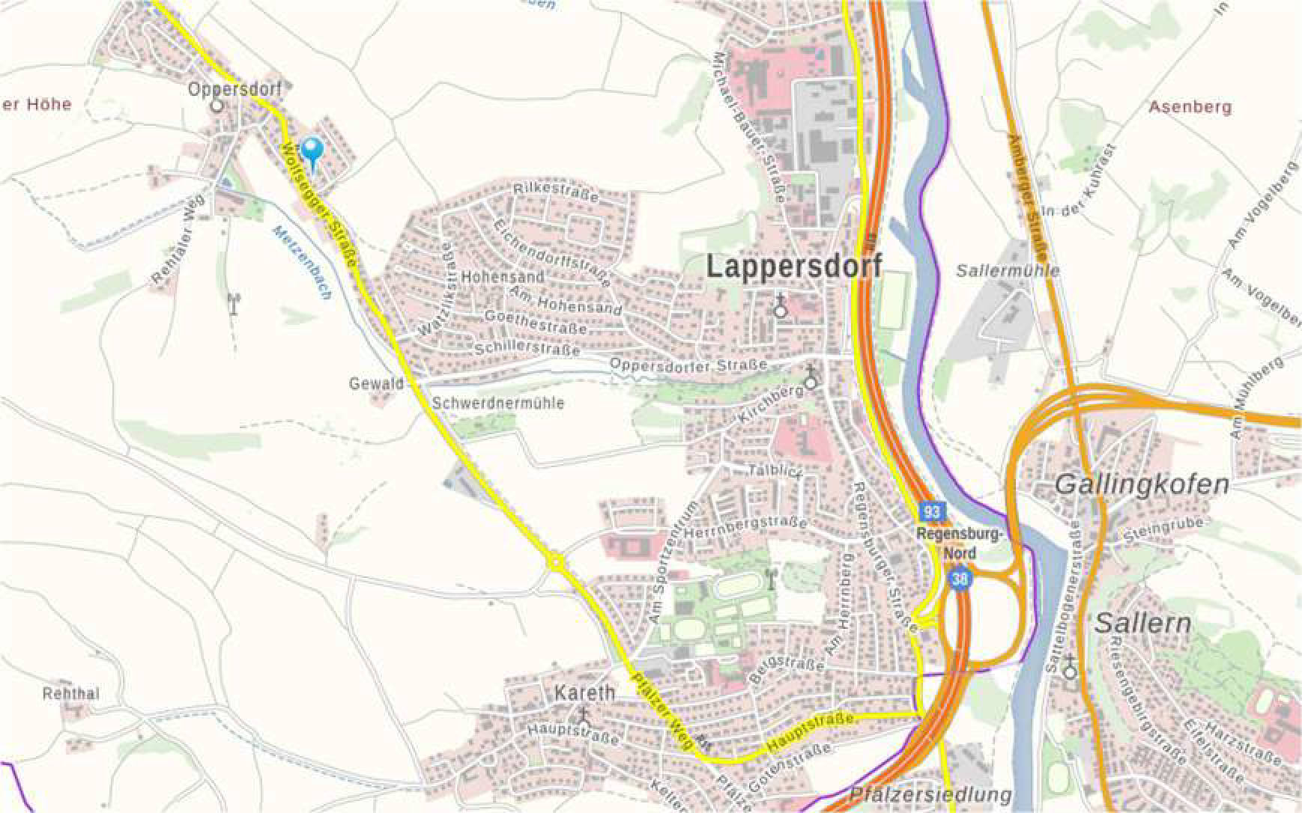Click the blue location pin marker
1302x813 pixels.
click(311, 152)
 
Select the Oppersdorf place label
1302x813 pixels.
click(234, 89)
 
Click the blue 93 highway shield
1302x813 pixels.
click(931, 512)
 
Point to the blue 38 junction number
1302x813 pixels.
click(960, 579)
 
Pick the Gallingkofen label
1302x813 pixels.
click(1142, 484)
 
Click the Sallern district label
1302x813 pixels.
click(1142, 623)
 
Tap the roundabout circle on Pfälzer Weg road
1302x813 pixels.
click(555, 561)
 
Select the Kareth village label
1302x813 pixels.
click(584, 693)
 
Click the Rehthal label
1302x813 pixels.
click(70, 694)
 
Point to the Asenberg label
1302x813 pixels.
click(1190, 107)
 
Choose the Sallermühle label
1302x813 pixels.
click(1008, 270)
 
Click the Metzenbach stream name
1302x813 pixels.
click(302, 262)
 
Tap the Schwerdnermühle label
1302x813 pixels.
click(498, 404)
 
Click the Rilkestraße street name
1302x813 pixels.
click(556, 192)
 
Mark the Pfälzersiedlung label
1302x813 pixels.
click(930, 794)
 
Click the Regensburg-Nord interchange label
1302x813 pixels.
click(960, 543)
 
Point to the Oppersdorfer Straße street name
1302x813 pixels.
click(688, 365)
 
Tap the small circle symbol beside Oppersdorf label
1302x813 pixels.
click(217, 106)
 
